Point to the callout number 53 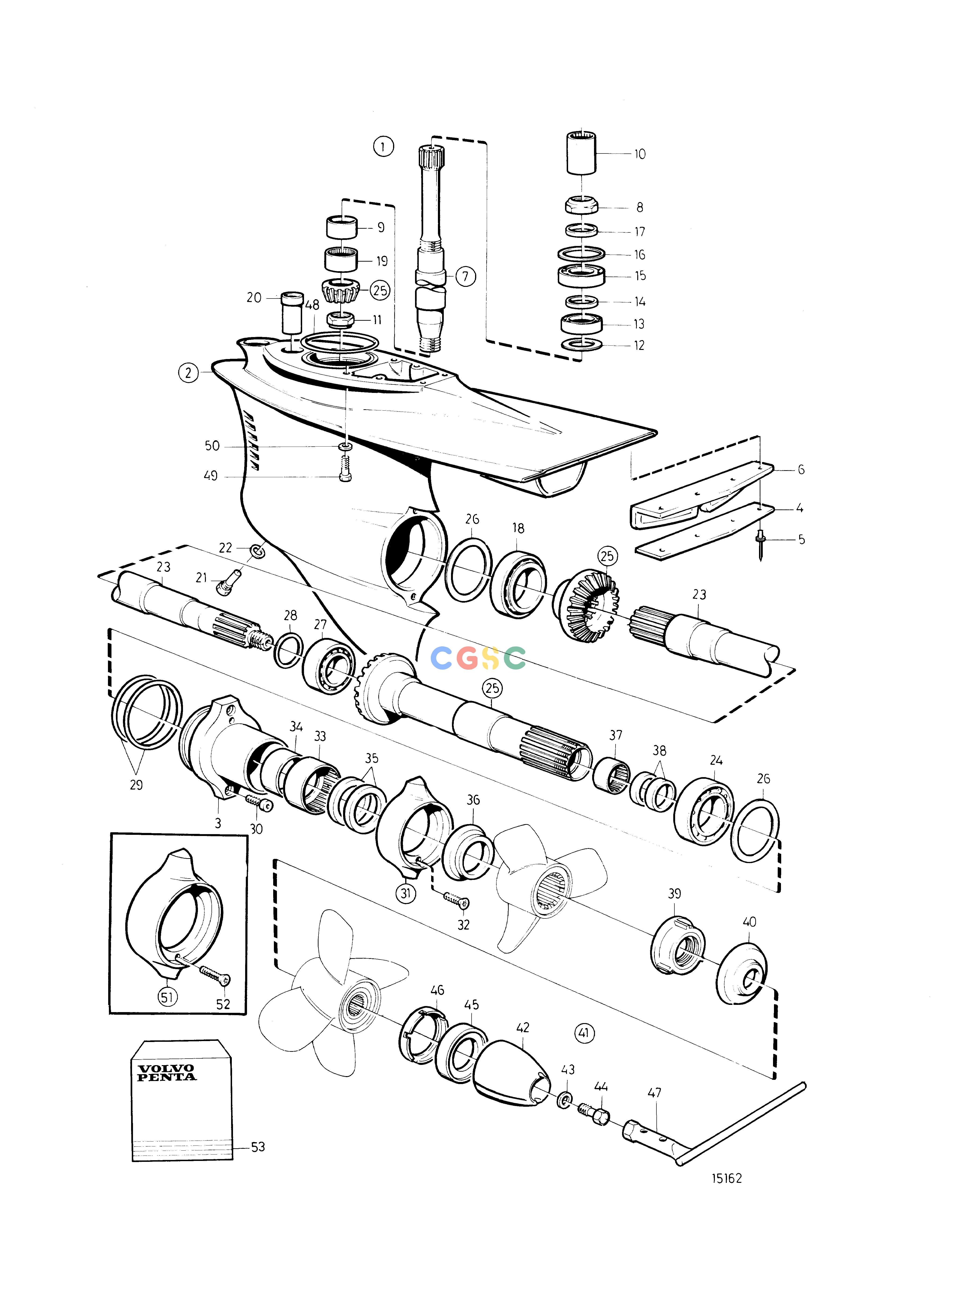(258, 1147)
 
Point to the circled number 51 (167, 997)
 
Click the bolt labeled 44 (593, 1113)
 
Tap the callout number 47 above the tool (654, 1093)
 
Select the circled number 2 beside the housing (188, 373)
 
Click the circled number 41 (584, 1033)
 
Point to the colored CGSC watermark (478, 658)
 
